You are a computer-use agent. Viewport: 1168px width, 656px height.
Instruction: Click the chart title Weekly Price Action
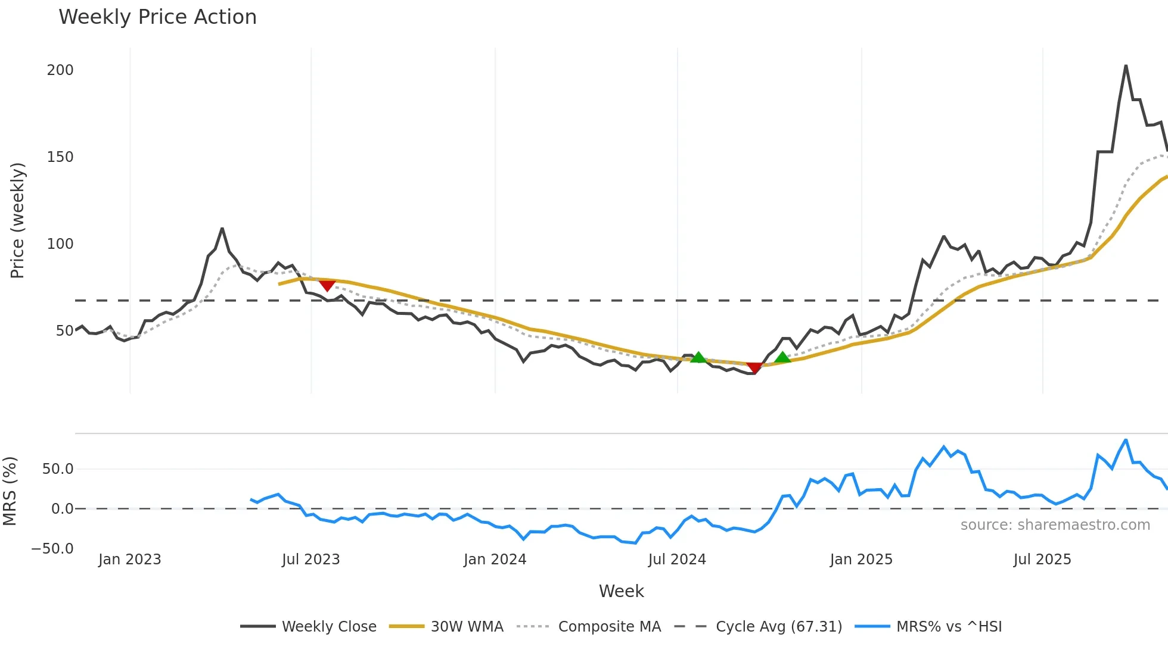tap(157, 17)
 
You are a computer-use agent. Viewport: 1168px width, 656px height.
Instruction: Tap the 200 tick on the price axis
tap(60, 70)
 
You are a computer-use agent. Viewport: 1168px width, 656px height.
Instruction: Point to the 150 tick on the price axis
tap(60, 157)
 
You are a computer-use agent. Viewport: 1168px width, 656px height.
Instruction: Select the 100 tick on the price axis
tap(60, 244)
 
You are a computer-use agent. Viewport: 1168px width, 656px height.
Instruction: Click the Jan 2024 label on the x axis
tap(495, 560)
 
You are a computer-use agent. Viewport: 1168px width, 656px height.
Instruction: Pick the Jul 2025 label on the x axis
tap(1042, 560)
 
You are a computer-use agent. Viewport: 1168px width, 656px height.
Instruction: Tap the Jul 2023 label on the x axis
tap(310, 560)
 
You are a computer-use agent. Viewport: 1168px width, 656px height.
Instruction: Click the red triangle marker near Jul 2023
tap(327, 286)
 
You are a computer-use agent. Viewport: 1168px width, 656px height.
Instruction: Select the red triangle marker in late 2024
tap(754, 368)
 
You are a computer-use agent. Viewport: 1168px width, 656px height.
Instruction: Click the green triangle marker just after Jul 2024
tap(698, 357)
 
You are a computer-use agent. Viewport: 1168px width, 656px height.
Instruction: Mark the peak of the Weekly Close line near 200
tap(1126, 65)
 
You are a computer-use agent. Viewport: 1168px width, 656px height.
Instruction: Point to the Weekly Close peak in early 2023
tap(222, 229)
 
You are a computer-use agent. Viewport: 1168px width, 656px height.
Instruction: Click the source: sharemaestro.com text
tap(1055, 525)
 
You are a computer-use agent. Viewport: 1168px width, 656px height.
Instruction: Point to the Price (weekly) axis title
tap(17, 220)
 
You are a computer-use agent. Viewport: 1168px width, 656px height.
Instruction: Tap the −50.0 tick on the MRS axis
tap(52, 549)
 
